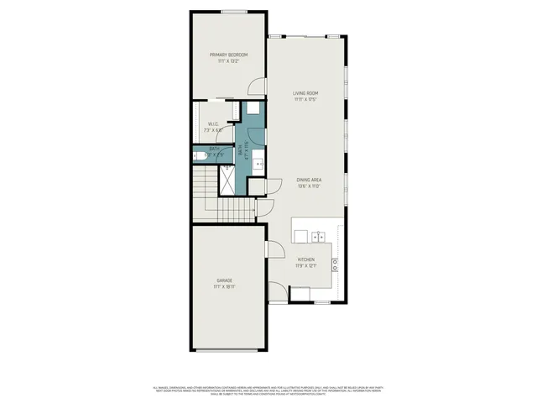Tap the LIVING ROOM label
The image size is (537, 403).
306,92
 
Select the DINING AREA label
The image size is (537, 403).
310,180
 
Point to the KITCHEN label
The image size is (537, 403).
305,260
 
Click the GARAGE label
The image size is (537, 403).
224,280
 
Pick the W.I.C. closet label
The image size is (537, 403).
213,124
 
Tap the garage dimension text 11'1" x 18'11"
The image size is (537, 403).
224,287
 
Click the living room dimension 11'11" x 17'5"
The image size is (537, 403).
306,99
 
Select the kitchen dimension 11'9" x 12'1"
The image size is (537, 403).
305,267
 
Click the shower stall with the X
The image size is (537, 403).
227,170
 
